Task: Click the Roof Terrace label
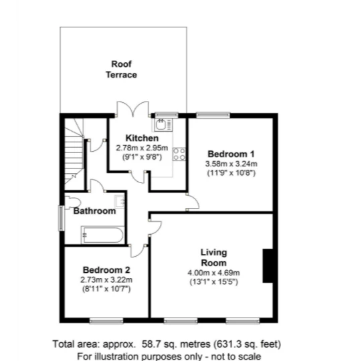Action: coord(122,70)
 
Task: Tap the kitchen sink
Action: coord(163,124)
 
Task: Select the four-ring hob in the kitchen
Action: coord(179,154)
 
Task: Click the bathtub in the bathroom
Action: coord(103,235)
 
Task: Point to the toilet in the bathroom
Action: coord(72,203)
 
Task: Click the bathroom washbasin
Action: coord(120,201)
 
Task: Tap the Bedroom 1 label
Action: coord(231,154)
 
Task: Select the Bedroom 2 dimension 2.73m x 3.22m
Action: coord(106,280)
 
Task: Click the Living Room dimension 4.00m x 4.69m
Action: coord(213,273)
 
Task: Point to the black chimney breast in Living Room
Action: coord(268,265)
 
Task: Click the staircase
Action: coord(74,152)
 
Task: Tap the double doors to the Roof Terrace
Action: coord(133,109)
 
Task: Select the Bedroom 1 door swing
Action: coord(193,202)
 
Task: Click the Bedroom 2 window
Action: coord(106,321)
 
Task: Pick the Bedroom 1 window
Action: coord(213,115)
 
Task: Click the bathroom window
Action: coord(61,218)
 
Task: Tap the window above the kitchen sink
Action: coord(167,115)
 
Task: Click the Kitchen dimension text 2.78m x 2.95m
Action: coord(142,148)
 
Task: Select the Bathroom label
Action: coord(94,211)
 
